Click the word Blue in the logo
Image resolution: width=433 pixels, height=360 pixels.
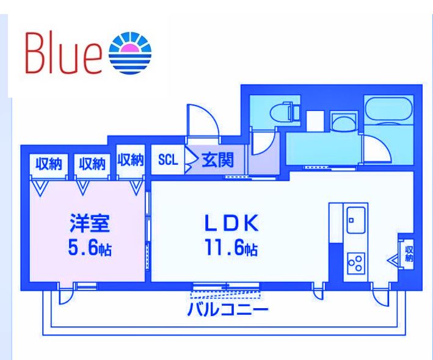[63, 53]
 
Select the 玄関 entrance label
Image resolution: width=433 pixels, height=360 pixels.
[217, 160]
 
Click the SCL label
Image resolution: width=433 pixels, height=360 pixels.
[167, 160]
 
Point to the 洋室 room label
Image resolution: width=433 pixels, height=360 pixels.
[89, 224]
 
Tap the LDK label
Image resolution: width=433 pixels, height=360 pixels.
[232, 223]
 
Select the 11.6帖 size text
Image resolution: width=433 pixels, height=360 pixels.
[231, 248]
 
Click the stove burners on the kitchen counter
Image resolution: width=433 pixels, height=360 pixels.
[355, 264]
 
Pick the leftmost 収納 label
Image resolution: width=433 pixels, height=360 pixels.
[48, 164]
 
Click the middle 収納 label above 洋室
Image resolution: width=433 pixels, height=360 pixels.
[90, 164]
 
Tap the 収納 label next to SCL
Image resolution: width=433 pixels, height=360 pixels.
[130, 160]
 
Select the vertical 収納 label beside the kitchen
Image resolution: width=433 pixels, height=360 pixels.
[409, 254]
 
